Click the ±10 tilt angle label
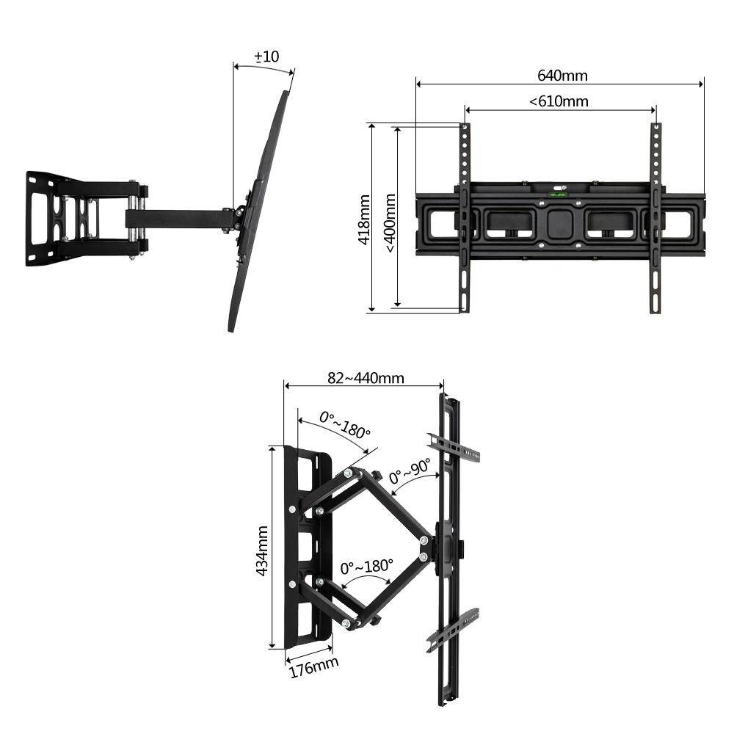point(266,57)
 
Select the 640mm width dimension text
point(562,76)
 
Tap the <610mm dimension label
point(559,101)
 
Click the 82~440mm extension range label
point(366,378)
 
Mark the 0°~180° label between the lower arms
point(366,567)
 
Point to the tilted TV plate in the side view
point(261,213)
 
